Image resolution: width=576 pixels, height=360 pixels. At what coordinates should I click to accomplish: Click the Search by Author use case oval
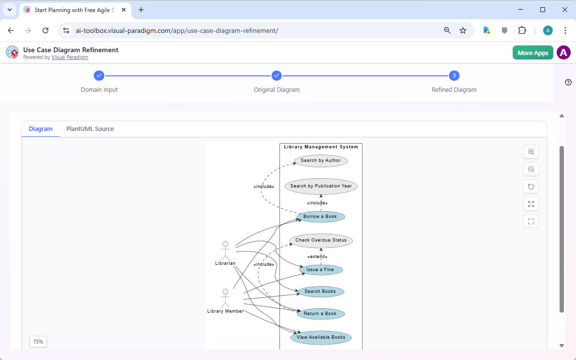pos(321,160)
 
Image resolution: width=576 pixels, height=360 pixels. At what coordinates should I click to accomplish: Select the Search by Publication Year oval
pos(321,186)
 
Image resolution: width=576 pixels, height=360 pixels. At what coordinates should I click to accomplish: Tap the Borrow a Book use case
pos(320,216)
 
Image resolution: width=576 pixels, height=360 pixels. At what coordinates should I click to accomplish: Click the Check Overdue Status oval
pos(321,240)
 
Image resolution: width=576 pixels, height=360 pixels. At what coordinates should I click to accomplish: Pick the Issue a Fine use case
pos(320,270)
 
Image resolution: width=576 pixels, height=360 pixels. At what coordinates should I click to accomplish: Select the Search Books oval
pos(320,291)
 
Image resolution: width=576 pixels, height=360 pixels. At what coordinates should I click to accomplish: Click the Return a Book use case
pos(320,314)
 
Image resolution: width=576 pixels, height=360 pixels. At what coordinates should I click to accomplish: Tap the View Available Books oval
pos(321,337)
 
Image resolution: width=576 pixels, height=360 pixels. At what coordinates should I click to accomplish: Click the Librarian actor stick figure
pos(225,250)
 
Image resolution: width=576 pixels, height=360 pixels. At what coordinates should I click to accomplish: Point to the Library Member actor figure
pos(225,298)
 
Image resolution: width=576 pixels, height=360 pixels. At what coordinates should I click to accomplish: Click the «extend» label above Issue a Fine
pos(317,257)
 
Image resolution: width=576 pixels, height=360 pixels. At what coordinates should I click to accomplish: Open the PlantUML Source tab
pos(90,129)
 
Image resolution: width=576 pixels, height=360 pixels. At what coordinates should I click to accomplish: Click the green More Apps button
pos(533,53)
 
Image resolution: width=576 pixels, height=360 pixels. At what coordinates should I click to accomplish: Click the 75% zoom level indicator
pos(38,342)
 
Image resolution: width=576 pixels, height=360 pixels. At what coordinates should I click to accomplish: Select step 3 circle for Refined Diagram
pos(454,75)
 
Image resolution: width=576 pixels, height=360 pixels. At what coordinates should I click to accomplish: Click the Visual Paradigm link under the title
pos(70,57)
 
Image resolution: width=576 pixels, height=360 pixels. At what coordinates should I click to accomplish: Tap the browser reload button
pos(45,30)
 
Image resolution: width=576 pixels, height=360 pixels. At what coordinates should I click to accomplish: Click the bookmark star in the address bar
pos(463,30)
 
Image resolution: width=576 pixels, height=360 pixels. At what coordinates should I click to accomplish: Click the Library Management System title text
pos(321,147)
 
